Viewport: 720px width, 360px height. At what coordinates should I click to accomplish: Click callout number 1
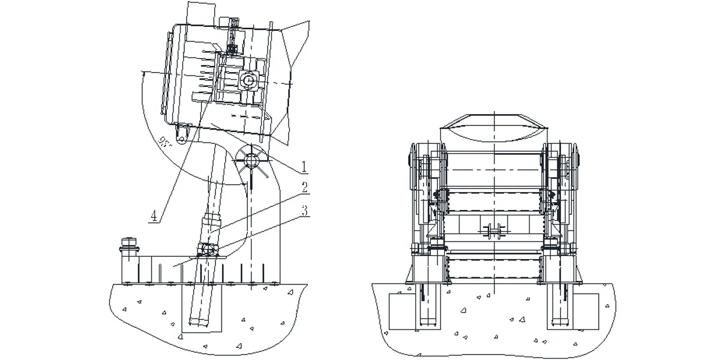coord(304,164)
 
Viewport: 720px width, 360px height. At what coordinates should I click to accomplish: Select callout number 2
coord(304,187)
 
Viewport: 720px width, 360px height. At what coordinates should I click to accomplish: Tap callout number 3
coord(304,210)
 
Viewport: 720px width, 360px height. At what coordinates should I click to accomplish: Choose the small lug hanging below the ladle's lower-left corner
coord(182,128)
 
